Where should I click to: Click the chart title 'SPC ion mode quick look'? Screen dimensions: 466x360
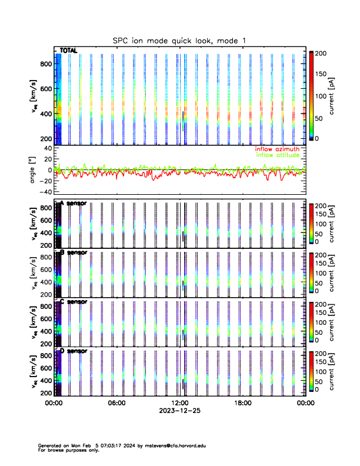pyautogui.click(x=179, y=40)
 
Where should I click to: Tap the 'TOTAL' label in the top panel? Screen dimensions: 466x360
pyautogui.click(x=69, y=51)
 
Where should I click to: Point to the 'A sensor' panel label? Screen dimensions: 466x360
pyautogui.click(x=74, y=203)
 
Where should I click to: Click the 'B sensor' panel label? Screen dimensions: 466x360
pyautogui.click(x=74, y=252)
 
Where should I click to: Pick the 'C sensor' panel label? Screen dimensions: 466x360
pyautogui.click(x=74, y=302)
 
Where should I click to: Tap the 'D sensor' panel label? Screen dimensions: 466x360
pyautogui.click(x=74, y=351)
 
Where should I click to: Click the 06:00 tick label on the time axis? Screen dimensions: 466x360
pyautogui.click(x=116, y=404)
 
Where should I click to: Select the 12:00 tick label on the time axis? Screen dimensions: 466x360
pyautogui.click(x=179, y=404)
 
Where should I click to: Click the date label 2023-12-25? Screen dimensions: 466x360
pyautogui.click(x=179, y=411)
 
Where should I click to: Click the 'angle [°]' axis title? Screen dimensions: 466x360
pyautogui.click(x=34, y=170)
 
